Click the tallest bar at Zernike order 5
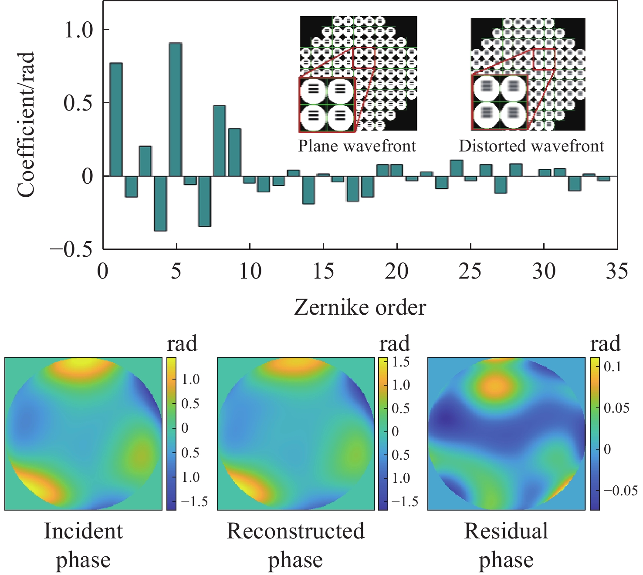tap(175, 110)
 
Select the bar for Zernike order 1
tap(116, 120)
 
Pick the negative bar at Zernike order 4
tap(160, 203)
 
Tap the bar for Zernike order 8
tap(220, 141)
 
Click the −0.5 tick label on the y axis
tap(71, 249)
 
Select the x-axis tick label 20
tap(396, 272)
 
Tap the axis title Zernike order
tap(360, 308)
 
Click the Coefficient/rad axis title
tap(26, 125)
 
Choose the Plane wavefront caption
tap(357, 146)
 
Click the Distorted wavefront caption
tap(531, 146)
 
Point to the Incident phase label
tap(83, 545)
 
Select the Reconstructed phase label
tap(295, 545)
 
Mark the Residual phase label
tap(506, 545)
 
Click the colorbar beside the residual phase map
tap(595, 434)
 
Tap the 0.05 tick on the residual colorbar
tap(616, 408)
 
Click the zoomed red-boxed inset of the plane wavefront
tap(327, 104)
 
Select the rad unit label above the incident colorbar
tap(182, 344)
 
